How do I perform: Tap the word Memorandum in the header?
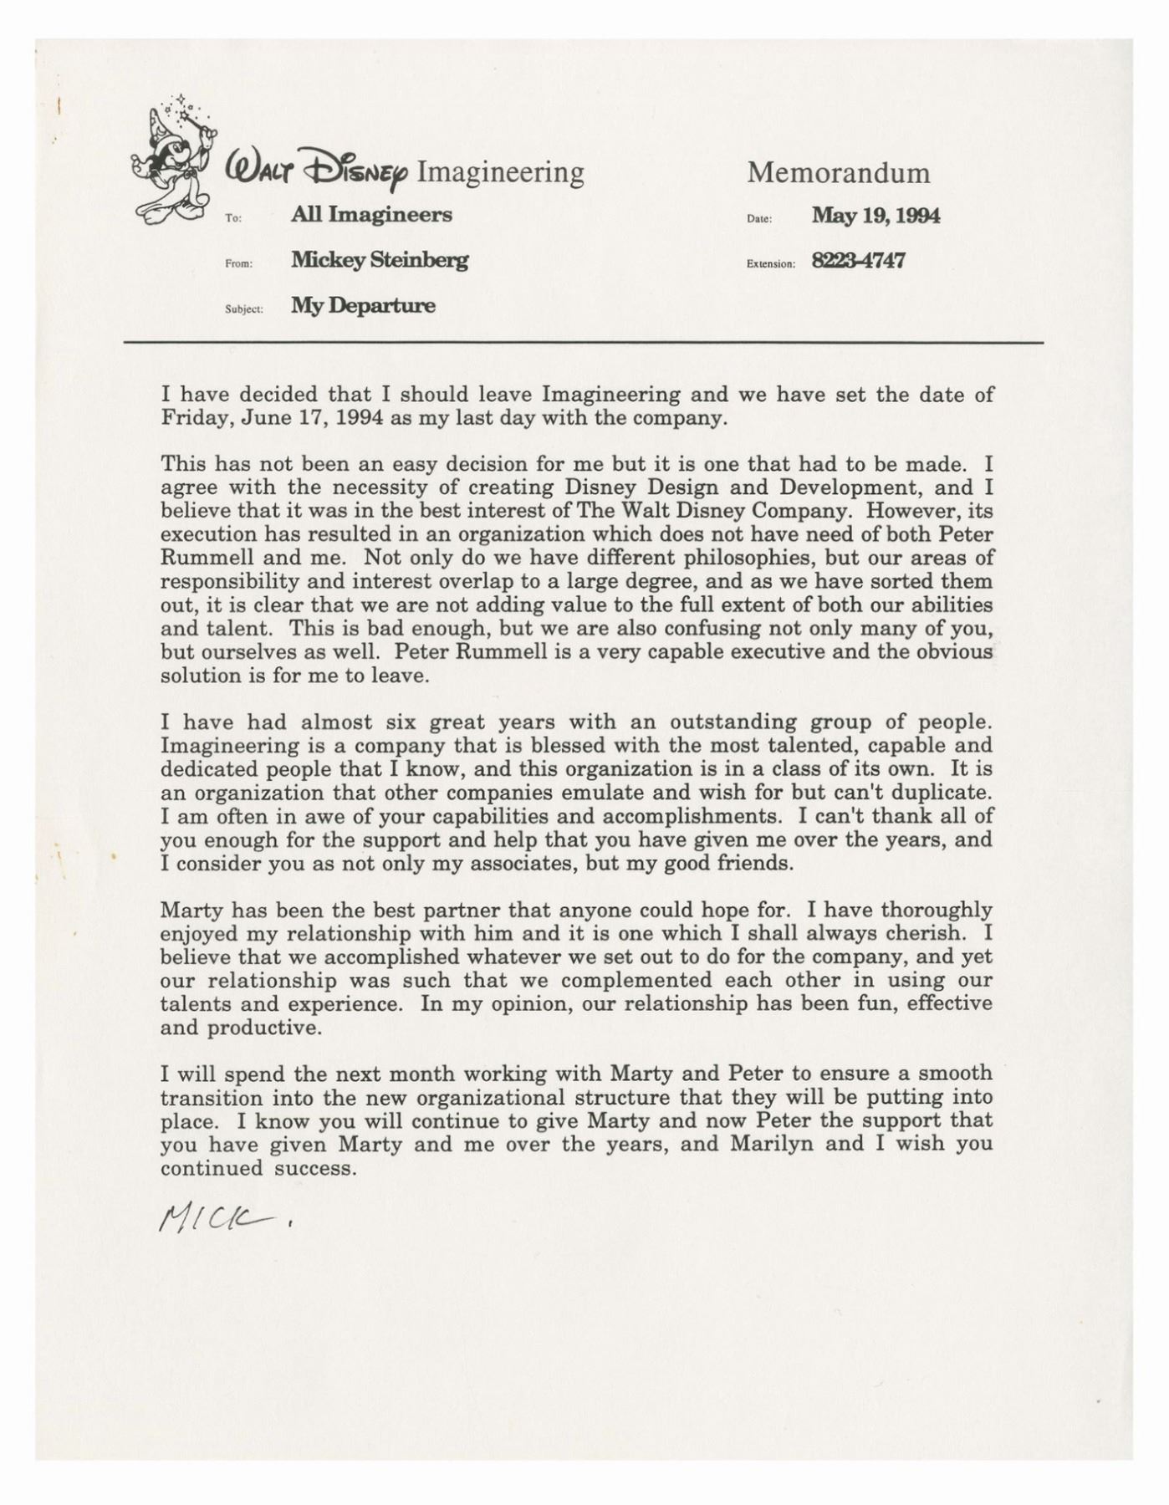838,173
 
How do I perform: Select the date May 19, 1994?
875,216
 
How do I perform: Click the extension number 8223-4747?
858,261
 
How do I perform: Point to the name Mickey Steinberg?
380,260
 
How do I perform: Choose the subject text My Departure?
363,305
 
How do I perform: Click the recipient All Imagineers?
371,215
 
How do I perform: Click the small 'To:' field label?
233,218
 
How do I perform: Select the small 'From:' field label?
238,264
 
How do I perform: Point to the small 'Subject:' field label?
244,309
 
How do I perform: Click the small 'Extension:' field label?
770,264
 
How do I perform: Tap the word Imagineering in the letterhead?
500,171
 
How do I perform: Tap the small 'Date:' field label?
758,219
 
